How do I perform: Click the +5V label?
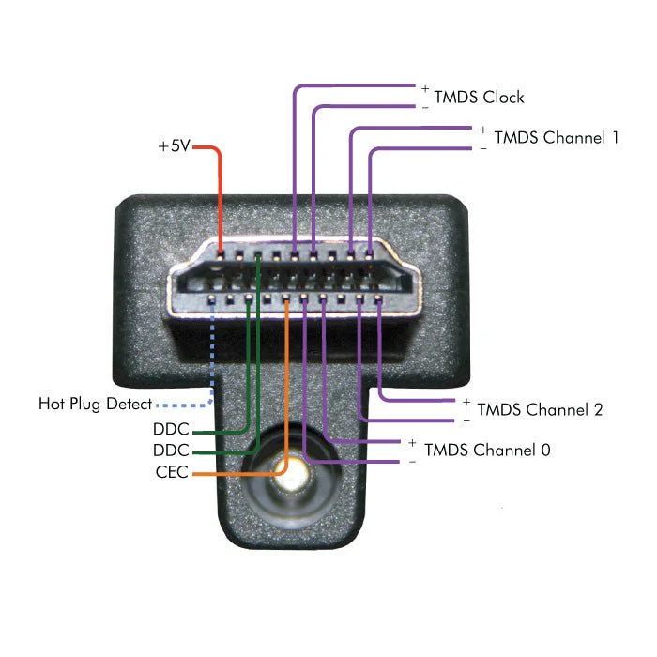pos(173,147)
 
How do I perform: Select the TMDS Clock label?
pos(479,98)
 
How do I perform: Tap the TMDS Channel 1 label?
pos(556,137)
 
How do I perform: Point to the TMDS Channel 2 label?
pos(540,409)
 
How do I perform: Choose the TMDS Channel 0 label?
pos(487,450)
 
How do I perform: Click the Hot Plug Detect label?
pos(95,405)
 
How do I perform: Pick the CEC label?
pos(172,472)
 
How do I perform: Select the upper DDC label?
pos(172,430)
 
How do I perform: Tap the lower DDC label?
pos(172,451)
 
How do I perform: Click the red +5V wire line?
pos(220,197)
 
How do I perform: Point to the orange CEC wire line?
pos(285,394)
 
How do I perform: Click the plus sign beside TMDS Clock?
pos(425,88)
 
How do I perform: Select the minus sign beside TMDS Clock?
pos(425,107)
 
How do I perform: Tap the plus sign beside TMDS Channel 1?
pos(483,130)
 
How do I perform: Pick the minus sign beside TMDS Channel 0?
pos(412,462)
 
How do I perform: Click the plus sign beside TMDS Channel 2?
pos(466,402)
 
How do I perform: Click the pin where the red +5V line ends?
pos(220,252)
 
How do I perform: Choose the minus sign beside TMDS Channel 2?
pos(466,420)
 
